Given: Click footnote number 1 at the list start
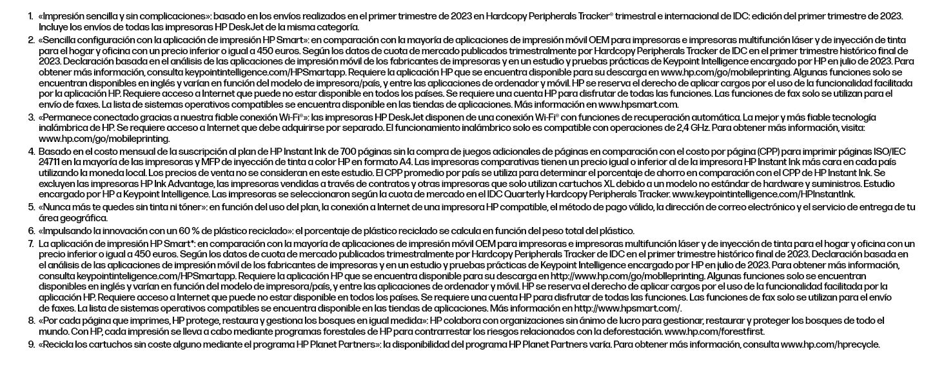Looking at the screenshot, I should tap(30, 15).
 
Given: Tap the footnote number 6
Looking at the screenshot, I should tap(30, 231).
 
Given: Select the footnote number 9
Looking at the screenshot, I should tap(30, 345).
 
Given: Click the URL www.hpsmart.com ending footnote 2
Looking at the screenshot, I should tap(638, 104).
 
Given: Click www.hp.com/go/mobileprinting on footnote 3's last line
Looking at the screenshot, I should tap(104, 139).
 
